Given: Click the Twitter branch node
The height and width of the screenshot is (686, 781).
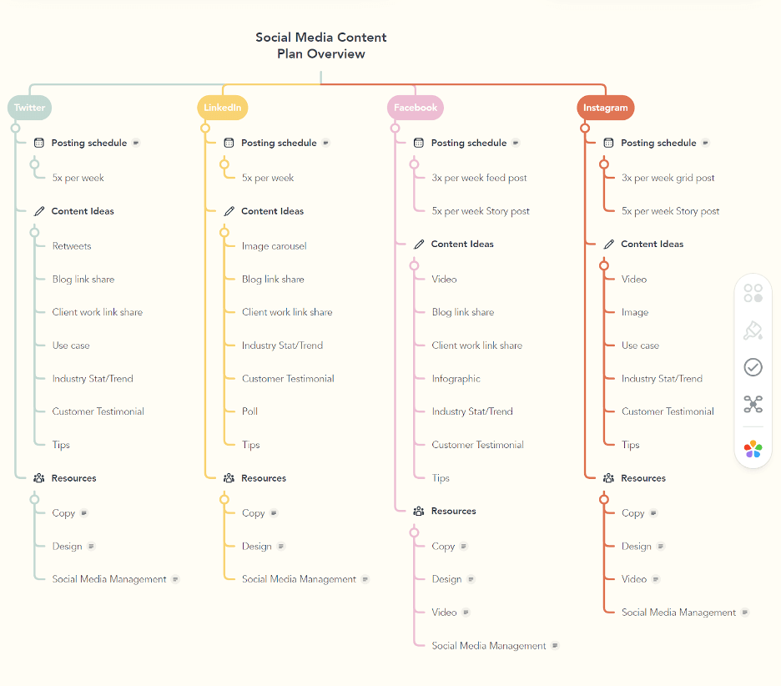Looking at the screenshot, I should point(30,108).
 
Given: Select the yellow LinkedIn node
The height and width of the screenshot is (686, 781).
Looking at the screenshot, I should point(223,108).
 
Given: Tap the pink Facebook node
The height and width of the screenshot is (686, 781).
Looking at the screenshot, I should point(415,108).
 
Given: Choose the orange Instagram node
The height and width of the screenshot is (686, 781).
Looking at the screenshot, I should point(605,108).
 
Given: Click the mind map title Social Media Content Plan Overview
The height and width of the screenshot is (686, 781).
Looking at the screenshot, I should point(321,46).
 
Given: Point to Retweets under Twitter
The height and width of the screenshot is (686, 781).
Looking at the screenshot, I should point(72,246).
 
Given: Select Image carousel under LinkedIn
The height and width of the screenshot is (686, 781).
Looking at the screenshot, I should point(274,246).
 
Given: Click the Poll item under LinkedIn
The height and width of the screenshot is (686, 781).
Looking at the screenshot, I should point(249,411).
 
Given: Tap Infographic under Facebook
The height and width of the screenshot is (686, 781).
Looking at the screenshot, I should point(456,379).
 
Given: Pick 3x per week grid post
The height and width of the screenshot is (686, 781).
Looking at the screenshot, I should point(668,178).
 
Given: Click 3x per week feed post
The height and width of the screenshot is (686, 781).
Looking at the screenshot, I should point(479,178).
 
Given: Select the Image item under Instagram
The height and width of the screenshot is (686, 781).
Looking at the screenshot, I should point(634,312).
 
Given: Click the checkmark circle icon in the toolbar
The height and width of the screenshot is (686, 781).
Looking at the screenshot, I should point(753,367).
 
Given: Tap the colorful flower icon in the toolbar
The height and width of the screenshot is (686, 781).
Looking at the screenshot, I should point(753,449).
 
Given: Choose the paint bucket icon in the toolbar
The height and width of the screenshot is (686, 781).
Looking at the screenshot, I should point(753,331).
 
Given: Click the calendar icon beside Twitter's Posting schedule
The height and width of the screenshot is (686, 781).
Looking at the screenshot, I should point(39,143).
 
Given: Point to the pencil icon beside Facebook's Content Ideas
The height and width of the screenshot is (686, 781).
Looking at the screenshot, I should point(419,245).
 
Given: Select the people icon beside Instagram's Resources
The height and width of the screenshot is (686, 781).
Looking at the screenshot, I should point(608,478).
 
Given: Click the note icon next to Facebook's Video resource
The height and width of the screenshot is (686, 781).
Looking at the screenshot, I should point(466,613).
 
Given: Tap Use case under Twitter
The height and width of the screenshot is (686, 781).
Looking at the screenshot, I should point(71,346).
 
